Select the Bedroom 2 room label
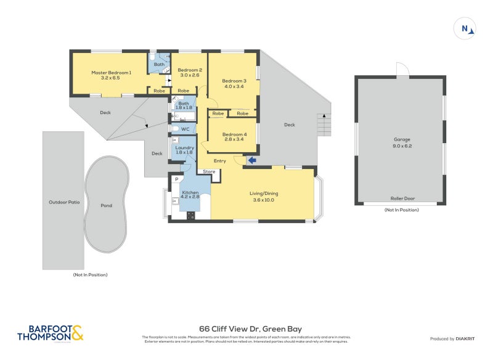(x=190, y=70)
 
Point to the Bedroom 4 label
(x=234, y=134)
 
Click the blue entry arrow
(x=252, y=161)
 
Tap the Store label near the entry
(x=209, y=171)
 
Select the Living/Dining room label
(x=263, y=193)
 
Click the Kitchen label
(x=190, y=193)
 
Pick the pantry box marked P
(x=176, y=179)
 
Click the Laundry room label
(x=184, y=148)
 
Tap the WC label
(x=185, y=129)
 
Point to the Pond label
(x=107, y=205)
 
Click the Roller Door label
(x=401, y=198)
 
